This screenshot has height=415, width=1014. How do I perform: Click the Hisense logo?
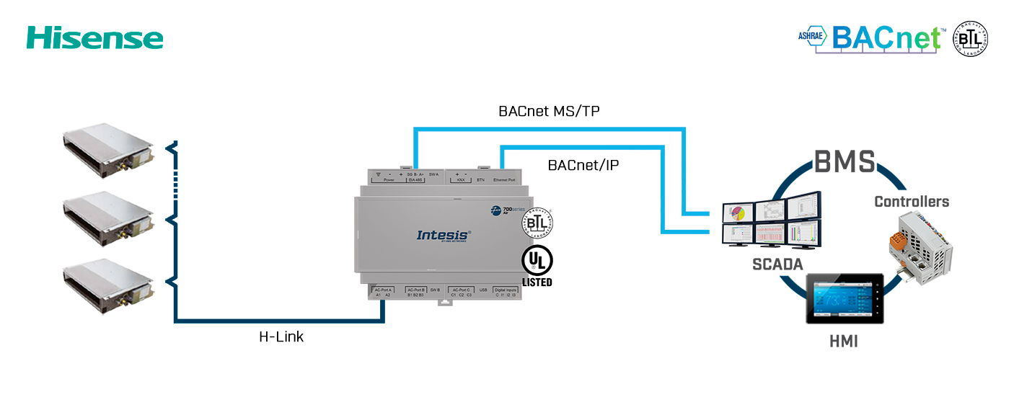pyautogui.click(x=94, y=37)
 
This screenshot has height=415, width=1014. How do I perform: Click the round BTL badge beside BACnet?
pyautogui.click(x=971, y=38)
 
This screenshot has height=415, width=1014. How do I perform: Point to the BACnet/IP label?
pyautogui.click(x=583, y=165)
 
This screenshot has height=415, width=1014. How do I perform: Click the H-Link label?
pyautogui.click(x=281, y=336)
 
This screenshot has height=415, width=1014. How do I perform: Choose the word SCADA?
pyautogui.click(x=777, y=264)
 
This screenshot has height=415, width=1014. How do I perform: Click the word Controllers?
pyautogui.click(x=912, y=202)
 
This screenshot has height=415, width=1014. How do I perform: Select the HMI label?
pyautogui.click(x=843, y=342)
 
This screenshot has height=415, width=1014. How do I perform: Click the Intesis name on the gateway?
pyautogui.click(x=444, y=234)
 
